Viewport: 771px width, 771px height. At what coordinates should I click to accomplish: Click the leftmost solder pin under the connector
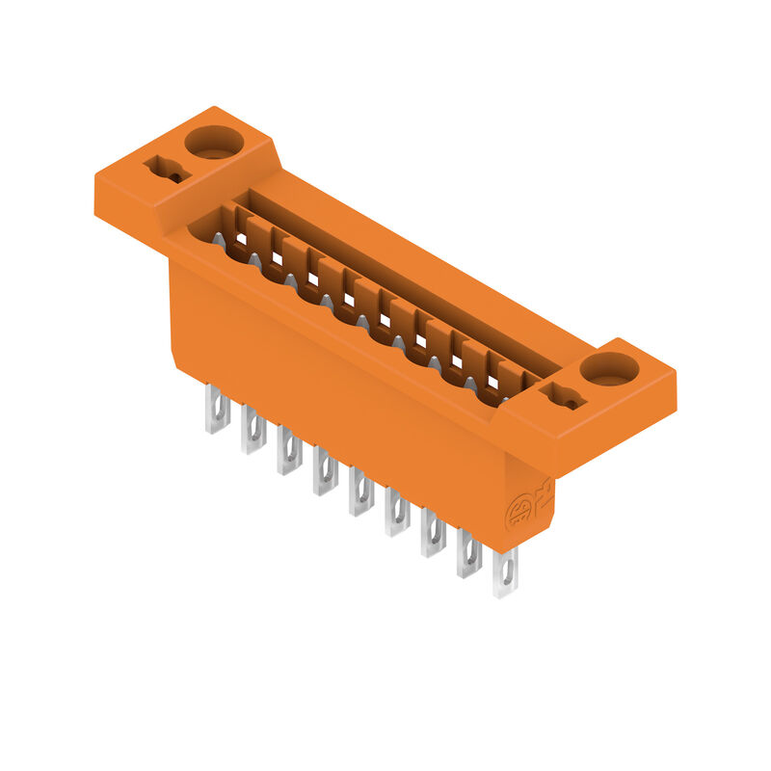coord(216,410)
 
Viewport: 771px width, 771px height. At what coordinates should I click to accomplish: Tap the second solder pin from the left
coord(253,431)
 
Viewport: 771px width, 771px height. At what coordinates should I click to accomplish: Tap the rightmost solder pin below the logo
coord(505,574)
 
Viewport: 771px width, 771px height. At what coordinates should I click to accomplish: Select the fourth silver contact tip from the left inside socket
coord(327,302)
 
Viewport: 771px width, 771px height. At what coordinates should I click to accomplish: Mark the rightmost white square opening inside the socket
coord(493,383)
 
